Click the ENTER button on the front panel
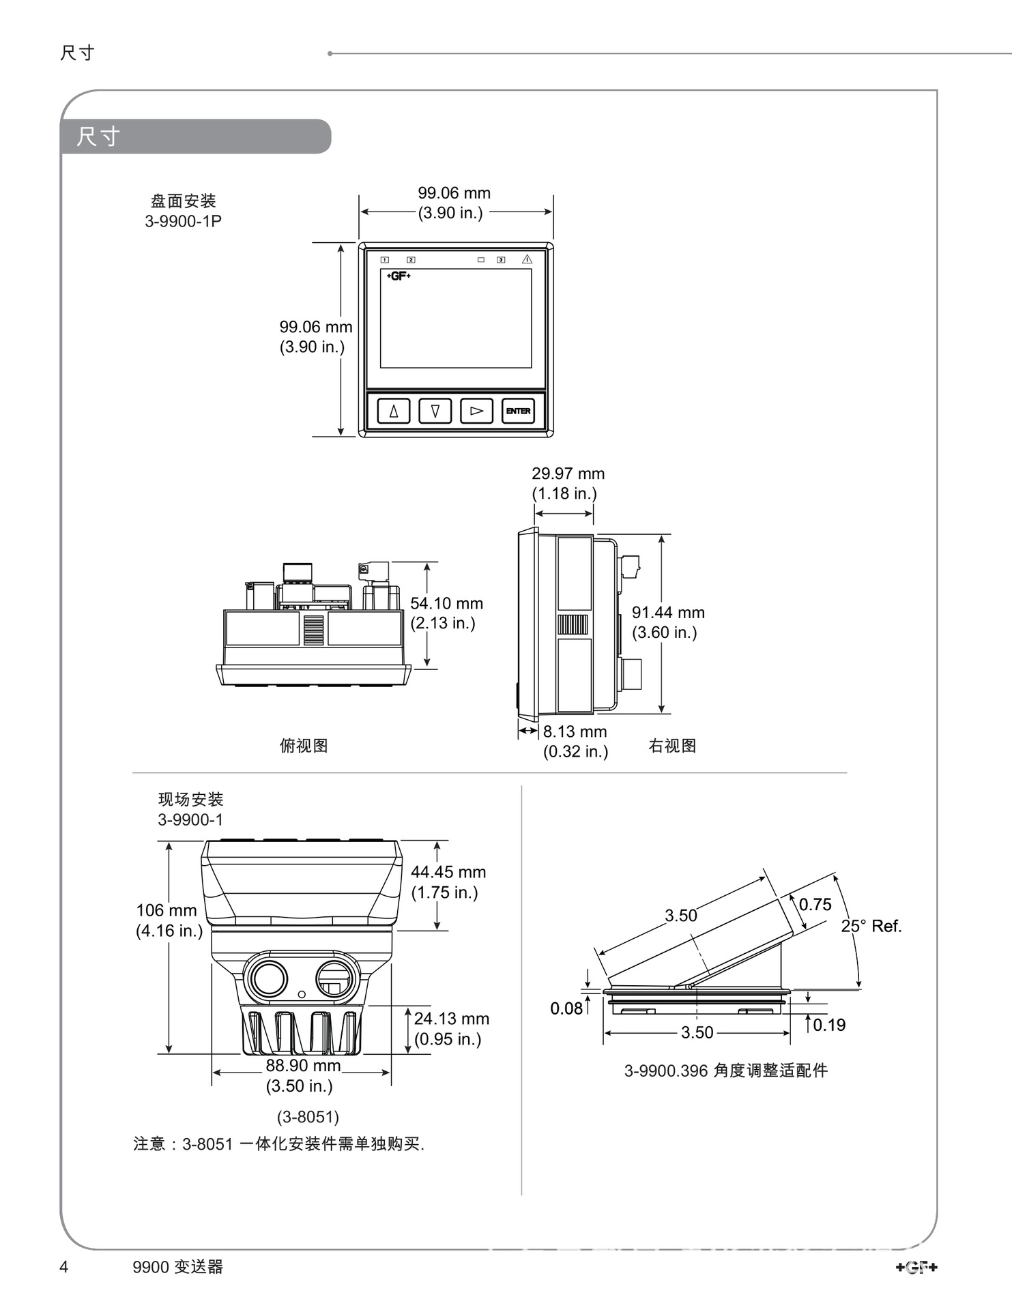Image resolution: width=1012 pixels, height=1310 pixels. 518,411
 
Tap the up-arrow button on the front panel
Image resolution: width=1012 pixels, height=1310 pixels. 394,411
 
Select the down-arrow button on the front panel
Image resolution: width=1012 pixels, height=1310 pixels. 435,411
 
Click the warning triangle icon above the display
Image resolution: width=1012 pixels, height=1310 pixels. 527,259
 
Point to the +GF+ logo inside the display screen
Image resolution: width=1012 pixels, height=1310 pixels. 399,276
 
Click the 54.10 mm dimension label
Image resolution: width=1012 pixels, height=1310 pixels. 446,604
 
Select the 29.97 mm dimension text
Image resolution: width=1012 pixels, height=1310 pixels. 568,474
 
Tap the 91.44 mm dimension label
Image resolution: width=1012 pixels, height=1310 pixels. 668,613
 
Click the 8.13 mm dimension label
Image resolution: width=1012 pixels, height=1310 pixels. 575,731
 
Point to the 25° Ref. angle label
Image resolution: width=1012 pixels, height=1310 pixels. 871,926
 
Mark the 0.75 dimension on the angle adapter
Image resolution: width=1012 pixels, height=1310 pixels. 815,905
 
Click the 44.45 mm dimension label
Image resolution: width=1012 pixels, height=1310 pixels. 448,873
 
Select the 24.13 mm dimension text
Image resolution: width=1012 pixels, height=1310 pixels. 451,1019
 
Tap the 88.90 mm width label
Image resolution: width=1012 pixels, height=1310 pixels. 303,1066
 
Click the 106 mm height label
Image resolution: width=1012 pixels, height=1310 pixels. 167,911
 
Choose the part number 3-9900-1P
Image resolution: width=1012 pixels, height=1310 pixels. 183,221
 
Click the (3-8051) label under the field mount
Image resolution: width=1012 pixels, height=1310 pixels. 308,1117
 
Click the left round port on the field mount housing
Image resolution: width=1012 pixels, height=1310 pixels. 268,979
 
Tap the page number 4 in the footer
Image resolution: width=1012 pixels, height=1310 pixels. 64,1267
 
